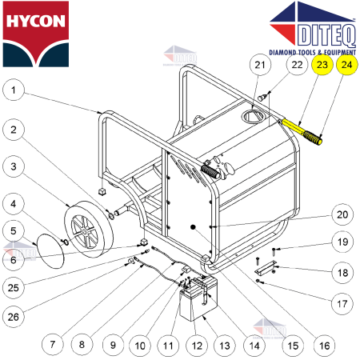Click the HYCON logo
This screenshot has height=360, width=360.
(35, 33)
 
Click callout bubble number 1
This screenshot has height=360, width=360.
(14, 91)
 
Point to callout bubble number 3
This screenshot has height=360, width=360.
(14, 166)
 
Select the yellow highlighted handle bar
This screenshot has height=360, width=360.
(302, 130)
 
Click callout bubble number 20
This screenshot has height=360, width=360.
(342, 214)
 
